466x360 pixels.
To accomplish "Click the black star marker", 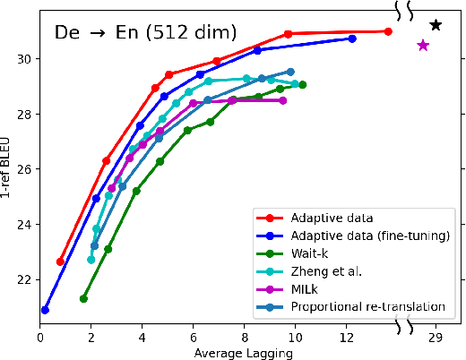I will click(x=436, y=25).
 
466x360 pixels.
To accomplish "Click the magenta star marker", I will click(x=423, y=45).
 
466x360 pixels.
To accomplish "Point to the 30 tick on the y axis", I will click(x=24, y=59).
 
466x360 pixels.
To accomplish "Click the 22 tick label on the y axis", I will click(x=24, y=279).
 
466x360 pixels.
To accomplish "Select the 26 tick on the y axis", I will click(x=24, y=169).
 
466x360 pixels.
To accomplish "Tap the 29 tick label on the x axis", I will click(x=436, y=338).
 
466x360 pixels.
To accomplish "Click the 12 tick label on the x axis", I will click(x=346, y=338).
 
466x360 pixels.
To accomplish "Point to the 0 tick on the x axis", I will click(x=40, y=338).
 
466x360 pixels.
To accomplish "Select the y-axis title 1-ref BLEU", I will click(x=8, y=167).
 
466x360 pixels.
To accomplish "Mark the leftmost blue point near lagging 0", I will click(x=45, y=310).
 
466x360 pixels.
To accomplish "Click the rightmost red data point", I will click(x=388, y=31).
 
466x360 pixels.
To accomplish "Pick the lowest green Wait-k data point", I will click(x=83, y=298).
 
